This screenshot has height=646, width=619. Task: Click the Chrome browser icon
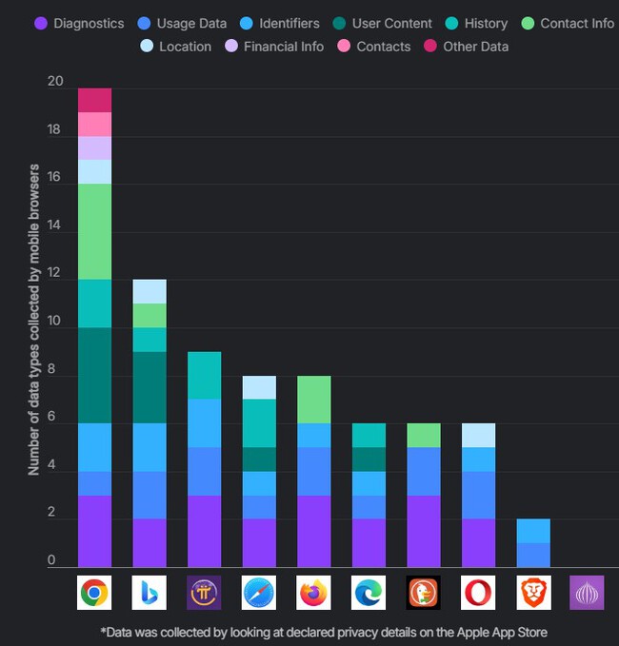[93, 593]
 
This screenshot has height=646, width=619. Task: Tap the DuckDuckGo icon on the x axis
[423, 593]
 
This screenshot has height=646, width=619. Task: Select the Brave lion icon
[533, 593]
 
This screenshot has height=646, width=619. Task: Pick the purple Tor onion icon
[587, 593]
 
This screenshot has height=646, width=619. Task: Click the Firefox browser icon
[313, 593]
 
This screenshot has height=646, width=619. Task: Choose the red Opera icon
[478, 593]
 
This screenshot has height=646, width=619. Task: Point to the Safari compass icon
[258, 593]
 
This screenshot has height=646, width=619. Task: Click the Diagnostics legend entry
[80, 23]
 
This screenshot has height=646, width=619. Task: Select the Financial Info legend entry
[274, 46]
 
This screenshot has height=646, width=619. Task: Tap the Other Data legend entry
[466, 46]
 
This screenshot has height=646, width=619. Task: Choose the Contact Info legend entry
[568, 23]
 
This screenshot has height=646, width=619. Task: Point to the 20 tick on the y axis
[55, 83]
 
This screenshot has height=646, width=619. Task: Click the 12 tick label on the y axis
[55, 274]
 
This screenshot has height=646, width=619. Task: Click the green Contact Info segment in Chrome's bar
[94, 231]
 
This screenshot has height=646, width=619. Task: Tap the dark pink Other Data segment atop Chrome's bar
[94, 100]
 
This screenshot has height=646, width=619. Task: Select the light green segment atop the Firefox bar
[313, 400]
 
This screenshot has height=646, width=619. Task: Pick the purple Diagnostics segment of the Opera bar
[478, 542]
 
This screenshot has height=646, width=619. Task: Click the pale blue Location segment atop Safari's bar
[258, 387]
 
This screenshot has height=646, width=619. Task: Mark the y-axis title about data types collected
[34, 320]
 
